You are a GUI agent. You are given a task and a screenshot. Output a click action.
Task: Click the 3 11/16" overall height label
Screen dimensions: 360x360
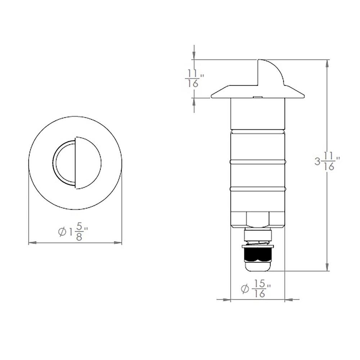point(327,162)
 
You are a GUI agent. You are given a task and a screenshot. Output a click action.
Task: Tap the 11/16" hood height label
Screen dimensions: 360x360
point(194,78)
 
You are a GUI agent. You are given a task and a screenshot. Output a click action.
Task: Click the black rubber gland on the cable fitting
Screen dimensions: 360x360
point(258,255)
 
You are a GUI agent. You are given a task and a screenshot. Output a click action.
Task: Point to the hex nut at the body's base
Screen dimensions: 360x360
point(258,220)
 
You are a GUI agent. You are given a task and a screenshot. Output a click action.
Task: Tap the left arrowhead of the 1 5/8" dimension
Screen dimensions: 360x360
point(32,243)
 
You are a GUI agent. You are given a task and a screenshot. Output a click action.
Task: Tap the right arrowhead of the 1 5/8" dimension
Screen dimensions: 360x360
point(118,243)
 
